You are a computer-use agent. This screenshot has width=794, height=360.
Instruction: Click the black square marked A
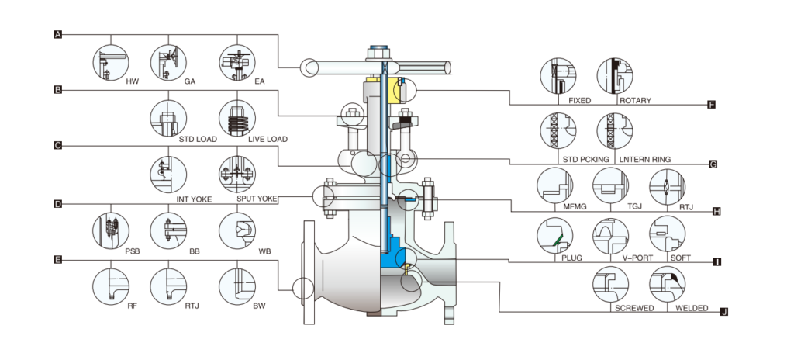(x=58, y=34)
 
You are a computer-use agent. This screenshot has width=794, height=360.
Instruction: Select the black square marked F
(x=712, y=104)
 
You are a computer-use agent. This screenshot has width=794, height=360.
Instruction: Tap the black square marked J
(x=724, y=312)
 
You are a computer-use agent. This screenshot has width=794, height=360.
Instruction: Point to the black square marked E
(x=58, y=260)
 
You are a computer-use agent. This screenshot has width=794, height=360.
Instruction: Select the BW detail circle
(x=237, y=286)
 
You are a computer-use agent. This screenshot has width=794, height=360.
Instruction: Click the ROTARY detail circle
(x=616, y=76)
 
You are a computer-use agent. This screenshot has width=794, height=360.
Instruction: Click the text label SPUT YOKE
(x=255, y=199)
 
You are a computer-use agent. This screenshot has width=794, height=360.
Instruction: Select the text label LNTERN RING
(x=645, y=159)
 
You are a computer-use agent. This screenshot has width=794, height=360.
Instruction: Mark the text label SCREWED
(x=634, y=307)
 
